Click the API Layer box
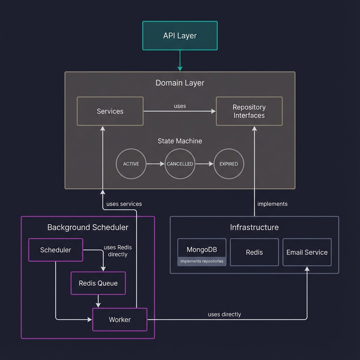click(180, 36)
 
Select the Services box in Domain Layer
click(110, 111)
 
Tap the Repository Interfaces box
click(249, 111)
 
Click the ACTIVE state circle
click(131, 164)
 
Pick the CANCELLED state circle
click(180, 164)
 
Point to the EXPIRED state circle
click(229, 164)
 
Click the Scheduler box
click(56, 250)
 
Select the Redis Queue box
click(98, 283)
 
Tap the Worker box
click(120, 320)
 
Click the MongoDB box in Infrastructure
click(202, 250)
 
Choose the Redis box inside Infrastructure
click(254, 252)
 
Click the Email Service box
click(307, 252)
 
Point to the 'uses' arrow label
click(180, 106)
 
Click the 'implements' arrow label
click(272, 204)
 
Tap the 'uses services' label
click(124, 204)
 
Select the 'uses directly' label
click(224, 314)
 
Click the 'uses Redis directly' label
click(117, 251)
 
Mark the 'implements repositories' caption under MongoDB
click(202, 261)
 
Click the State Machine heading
click(180, 141)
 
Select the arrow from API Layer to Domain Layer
click(180, 60)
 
